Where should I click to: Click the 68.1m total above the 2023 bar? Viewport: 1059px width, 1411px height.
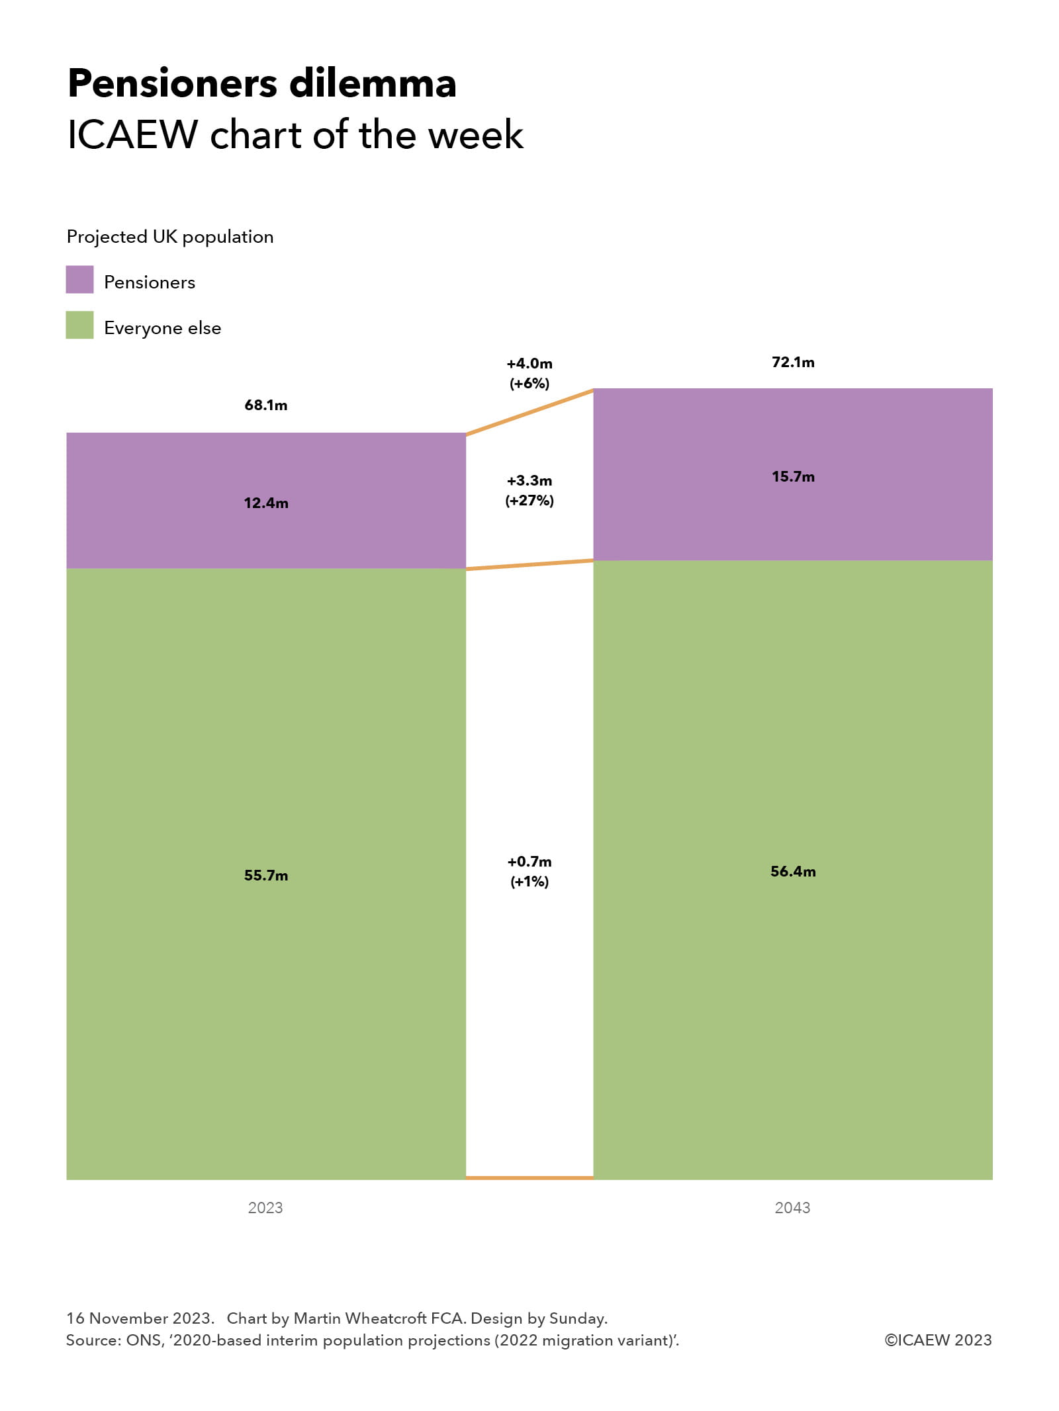pos(265,405)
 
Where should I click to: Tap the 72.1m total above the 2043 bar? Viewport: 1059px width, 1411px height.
pos(792,362)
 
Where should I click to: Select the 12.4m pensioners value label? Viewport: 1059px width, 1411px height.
pos(265,503)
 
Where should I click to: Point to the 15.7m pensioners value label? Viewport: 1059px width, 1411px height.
pos(792,476)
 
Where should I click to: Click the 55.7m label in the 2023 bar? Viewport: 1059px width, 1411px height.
pos(265,875)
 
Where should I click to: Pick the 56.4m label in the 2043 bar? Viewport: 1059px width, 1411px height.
pos(792,871)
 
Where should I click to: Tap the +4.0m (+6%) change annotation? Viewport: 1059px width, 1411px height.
pos(529,373)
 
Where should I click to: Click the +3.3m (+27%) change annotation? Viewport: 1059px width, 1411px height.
pos(529,490)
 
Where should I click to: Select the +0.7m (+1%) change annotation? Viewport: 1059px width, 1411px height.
pos(529,871)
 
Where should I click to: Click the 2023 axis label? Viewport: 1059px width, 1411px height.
pos(265,1207)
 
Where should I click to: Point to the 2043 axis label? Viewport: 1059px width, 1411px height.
pos(792,1207)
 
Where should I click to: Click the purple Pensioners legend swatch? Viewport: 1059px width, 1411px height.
pos(79,279)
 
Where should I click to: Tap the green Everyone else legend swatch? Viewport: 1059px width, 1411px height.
pos(79,325)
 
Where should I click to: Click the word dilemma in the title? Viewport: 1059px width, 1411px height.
pos(373,84)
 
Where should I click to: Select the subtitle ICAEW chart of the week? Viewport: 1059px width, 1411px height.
pos(295,135)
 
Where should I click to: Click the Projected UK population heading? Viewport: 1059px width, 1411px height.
pos(170,237)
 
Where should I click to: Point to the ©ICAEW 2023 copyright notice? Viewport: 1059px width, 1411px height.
pos(938,1340)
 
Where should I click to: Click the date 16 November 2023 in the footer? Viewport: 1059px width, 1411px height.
pos(140,1318)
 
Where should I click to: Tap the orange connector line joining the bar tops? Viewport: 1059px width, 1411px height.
pos(529,413)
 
